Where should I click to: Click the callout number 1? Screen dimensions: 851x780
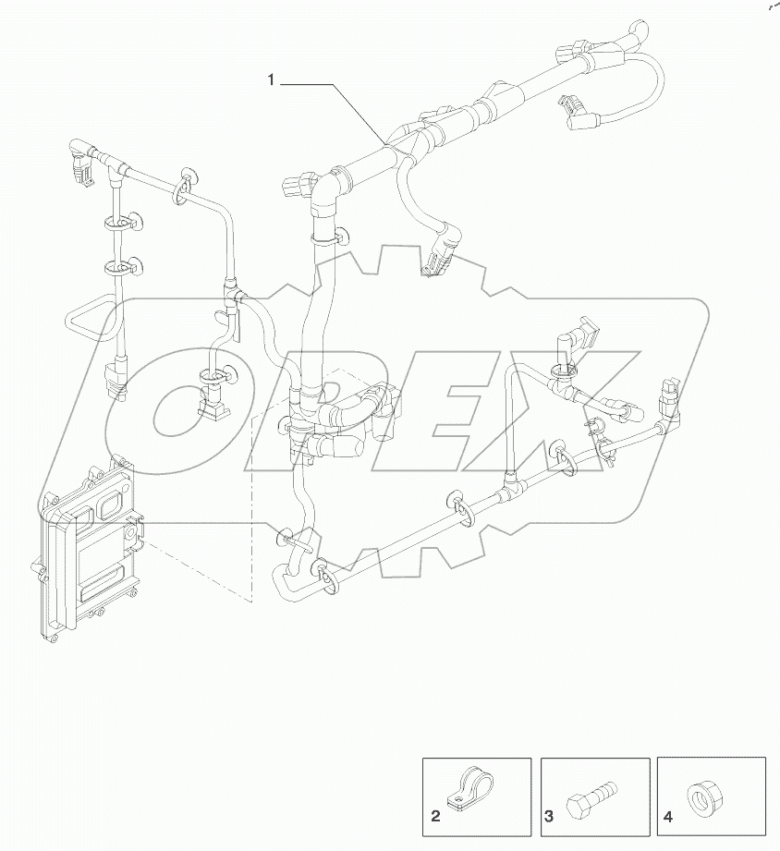[272, 81]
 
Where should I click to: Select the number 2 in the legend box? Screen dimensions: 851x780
[433, 816]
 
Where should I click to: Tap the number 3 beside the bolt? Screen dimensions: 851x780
[549, 816]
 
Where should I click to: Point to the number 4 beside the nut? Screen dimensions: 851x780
[666, 816]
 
